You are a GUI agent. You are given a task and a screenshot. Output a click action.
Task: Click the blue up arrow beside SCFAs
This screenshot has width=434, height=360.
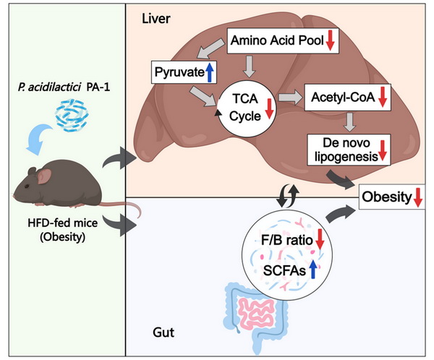tap(313, 269)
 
